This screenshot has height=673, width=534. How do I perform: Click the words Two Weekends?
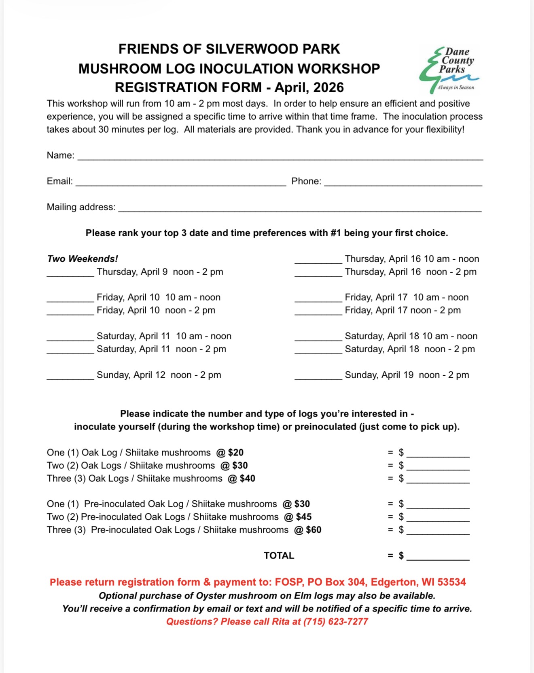pos(83,259)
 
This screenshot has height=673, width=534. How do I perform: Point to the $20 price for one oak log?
pos(235,453)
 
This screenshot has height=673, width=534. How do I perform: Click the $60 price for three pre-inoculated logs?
pos(314,530)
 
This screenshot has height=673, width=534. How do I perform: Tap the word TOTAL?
pos(279,556)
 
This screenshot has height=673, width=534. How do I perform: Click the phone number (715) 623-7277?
pos(336,622)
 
